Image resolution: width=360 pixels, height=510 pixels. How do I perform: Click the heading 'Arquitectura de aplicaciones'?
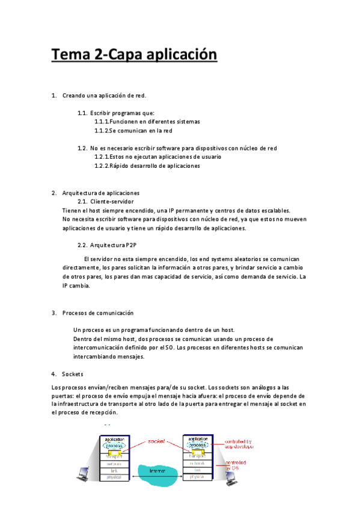[x=101, y=193]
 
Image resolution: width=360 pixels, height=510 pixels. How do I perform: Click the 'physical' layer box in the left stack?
[x=114, y=477]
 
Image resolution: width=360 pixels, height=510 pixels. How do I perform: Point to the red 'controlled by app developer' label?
[x=239, y=444]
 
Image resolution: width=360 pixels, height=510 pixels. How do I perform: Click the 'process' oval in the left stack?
[x=114, y=446]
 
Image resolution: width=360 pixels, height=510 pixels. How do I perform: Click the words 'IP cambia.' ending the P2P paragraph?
[x=76, y=286]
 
